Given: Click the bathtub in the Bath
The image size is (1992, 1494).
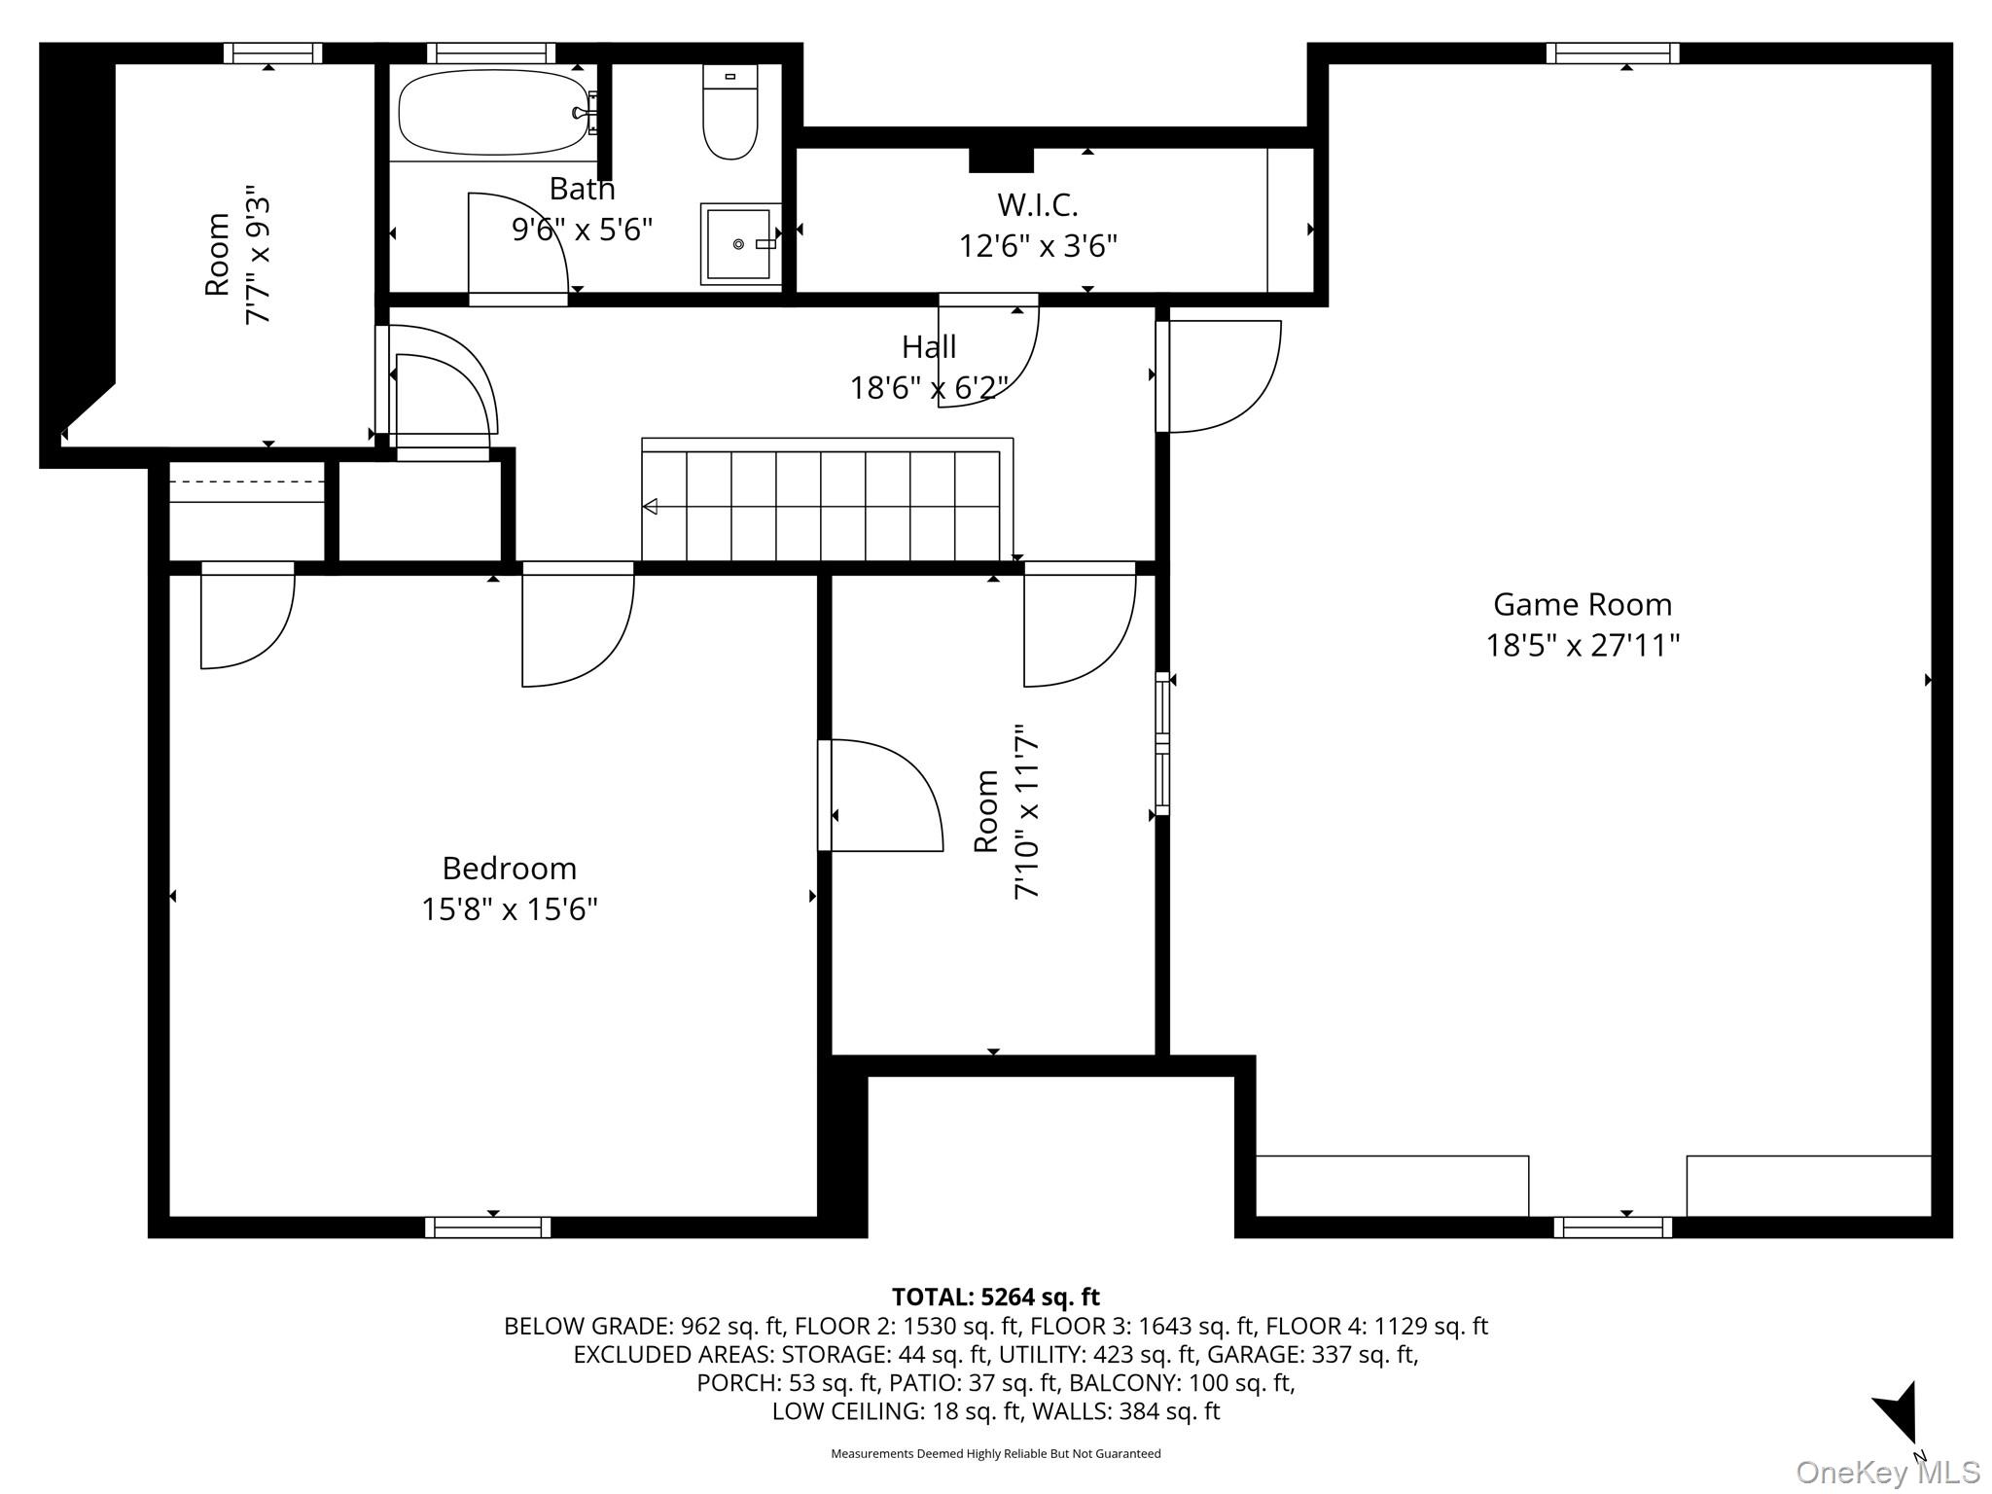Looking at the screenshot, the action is [494, 112].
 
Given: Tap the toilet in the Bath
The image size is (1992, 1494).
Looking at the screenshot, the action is [729, 112].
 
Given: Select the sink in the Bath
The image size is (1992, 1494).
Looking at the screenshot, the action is [740, 243].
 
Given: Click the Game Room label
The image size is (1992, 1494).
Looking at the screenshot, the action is [1583, 605].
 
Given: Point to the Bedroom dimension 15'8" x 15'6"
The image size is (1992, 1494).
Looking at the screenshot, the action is [510, 909].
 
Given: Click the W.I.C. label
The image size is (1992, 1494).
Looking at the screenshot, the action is [1038, 205].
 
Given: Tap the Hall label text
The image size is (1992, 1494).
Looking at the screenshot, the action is [929, 346].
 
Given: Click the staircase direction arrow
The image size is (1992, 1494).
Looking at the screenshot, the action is [650, 507].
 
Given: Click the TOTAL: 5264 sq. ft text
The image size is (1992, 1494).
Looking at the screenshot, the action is [995, 1297].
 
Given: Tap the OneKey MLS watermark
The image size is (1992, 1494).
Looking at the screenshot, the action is [1888, 1472].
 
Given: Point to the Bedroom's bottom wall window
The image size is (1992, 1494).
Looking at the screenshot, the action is [488, 1227].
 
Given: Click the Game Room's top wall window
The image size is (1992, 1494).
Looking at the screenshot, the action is [1613, 53].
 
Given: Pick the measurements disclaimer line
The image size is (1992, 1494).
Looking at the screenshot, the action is [995, 1453].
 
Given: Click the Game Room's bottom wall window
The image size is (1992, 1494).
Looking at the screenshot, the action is [1613, 1227].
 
